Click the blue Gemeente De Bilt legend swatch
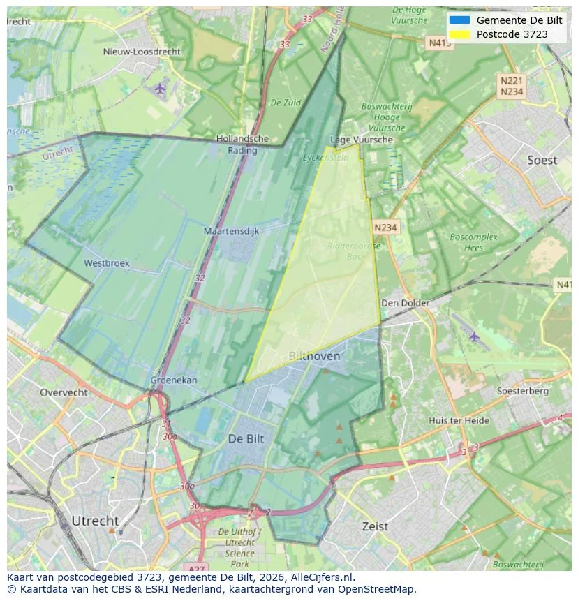click(x=459, y=20)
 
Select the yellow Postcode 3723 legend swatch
click(x=459, y=34)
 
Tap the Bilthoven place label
click(x=314, y=356)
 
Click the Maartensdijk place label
click(x=231, y=230)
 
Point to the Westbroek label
click(x=107, y=263)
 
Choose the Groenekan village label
click(x=174, y=380)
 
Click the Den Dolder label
click(x=406, y=303)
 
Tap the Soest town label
click(x=542, y=160)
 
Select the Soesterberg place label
click(x=522, y=391)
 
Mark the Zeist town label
click(x=375, y=526)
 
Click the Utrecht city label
click(x=95, y=521)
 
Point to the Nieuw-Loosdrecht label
click(x=142, y=52)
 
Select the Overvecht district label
click(x=64, y=392)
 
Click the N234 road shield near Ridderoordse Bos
click(x=385, y=228)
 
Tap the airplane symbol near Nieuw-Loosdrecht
click(x=160, y=88)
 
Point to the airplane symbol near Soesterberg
click(x=475, y=336)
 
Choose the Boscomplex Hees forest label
click(x=474, y=242)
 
